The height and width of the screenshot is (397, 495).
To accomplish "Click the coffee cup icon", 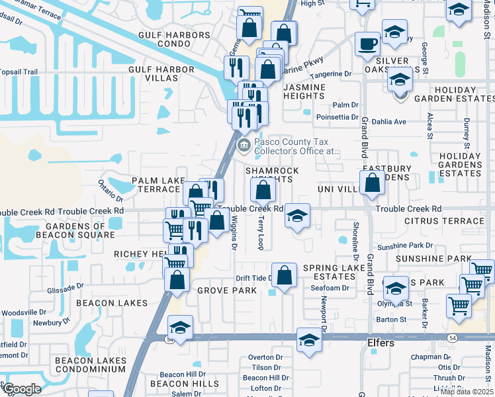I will pos(368,44).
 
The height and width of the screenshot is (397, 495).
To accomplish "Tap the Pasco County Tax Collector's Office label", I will pos(296,146).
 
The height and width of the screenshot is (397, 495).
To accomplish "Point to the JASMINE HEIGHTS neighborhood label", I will pos(304,91).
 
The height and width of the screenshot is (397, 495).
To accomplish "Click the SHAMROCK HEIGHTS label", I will pos(272,175).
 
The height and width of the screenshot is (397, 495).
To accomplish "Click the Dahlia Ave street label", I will pos(390,122).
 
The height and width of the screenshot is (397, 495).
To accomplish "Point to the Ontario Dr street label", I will pos(111,191).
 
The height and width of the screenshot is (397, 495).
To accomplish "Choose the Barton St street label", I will pos(391,320).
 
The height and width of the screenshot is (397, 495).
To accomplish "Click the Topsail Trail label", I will pos(19,71).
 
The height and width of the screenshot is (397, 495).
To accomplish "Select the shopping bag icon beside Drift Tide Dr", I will pos(284,276).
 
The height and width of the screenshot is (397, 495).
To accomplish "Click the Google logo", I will pos(22,389).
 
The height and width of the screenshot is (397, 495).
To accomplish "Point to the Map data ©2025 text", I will pos(467,392).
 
